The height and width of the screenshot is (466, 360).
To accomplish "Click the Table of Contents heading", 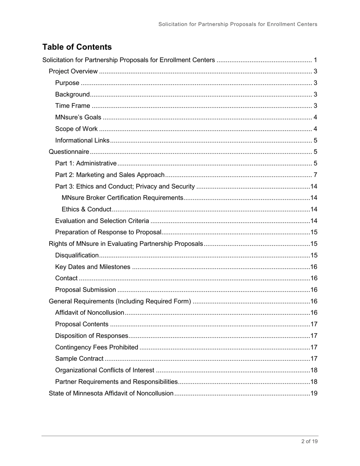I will (x=77, y=47).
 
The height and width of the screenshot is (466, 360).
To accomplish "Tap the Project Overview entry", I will (x=74, y=72).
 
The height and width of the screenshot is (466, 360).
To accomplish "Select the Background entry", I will (x=72, y=94).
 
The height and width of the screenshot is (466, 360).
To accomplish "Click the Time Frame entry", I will (x=73, y=106).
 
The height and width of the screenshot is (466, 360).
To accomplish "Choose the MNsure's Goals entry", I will (x=78, y=117).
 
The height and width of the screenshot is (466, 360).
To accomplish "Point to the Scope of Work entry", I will (x=76, y=129).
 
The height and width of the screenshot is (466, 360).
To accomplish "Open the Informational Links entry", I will (x=82, y=141).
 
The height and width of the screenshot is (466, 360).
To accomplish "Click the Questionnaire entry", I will (x=69, y=152).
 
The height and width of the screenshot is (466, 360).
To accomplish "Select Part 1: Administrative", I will (x=86, y=163).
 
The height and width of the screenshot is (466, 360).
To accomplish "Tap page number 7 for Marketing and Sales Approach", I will (x=315, y=175).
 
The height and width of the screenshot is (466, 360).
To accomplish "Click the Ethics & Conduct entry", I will (x=86, y=209).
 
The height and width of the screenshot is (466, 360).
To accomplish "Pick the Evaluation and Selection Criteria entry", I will (x=102, y=221).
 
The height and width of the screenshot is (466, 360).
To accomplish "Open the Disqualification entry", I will (x=77, y=255).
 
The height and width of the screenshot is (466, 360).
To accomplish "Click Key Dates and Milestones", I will (x=92, y=267).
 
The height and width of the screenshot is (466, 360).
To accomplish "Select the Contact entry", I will (x=66, y=278).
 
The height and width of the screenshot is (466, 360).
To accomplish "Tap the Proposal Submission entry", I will (x=86, y=290).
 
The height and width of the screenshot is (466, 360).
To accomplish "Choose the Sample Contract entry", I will (x=79, y=358).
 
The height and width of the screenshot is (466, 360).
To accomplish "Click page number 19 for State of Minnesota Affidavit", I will (x=314, y=393).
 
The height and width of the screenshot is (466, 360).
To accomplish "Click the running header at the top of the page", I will (x=238, y=24).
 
